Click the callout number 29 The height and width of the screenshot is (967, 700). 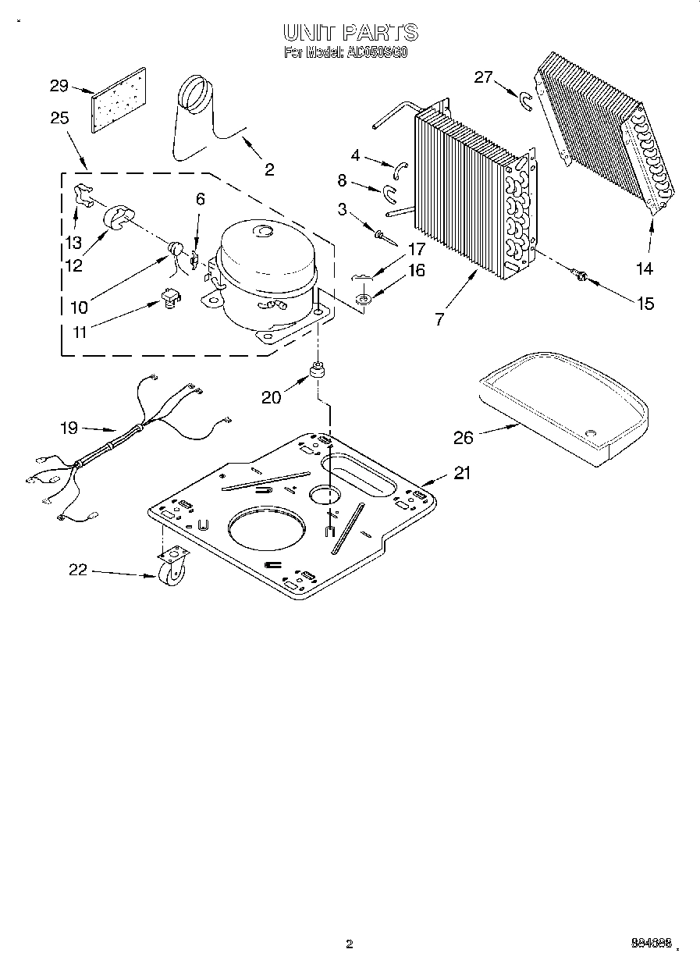(x=59, y=86)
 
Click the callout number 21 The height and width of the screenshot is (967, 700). (x=463, y=473)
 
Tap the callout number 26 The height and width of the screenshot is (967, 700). (x=464, y=437)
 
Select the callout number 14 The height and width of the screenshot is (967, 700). (x=644, y=268)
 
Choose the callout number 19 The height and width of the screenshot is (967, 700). (x=69, y=427)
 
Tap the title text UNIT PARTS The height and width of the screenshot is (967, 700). (x=350, y=33)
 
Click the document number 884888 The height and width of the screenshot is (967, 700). (x=650, y=944)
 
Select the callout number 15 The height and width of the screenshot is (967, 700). (x=645, y=303)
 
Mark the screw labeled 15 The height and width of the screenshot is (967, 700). (x=580, y=273)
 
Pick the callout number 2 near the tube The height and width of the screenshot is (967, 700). (x=269, y=169)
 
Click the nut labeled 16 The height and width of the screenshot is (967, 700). (x=363, y=299)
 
